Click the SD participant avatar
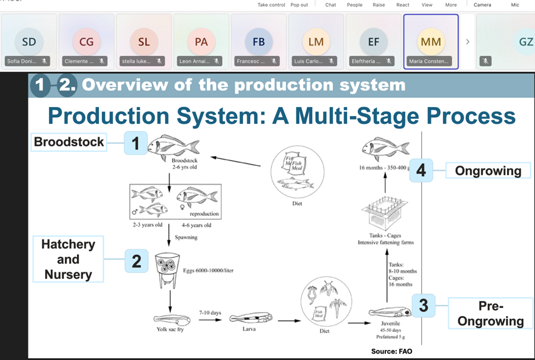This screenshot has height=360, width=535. (29, 42)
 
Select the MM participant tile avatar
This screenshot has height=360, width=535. (430, 42)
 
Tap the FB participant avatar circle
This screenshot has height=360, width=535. (258, 42)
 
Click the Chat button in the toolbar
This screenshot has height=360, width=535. (330, 5)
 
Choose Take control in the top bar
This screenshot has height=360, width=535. (271, 5)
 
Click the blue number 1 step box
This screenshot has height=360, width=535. (135, 143)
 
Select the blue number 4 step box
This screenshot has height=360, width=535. (421, 170)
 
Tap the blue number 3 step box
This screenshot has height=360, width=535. (424, 305)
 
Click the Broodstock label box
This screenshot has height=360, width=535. (69, 142)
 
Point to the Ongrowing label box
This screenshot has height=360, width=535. (488, 170)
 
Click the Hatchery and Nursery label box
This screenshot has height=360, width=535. (68, 259)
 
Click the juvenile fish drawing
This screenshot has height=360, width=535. (389, 313)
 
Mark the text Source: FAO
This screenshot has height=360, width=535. (392, 351)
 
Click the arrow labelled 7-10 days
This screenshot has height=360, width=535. (210, 320)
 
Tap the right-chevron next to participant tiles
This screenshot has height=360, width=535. (468, 42)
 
